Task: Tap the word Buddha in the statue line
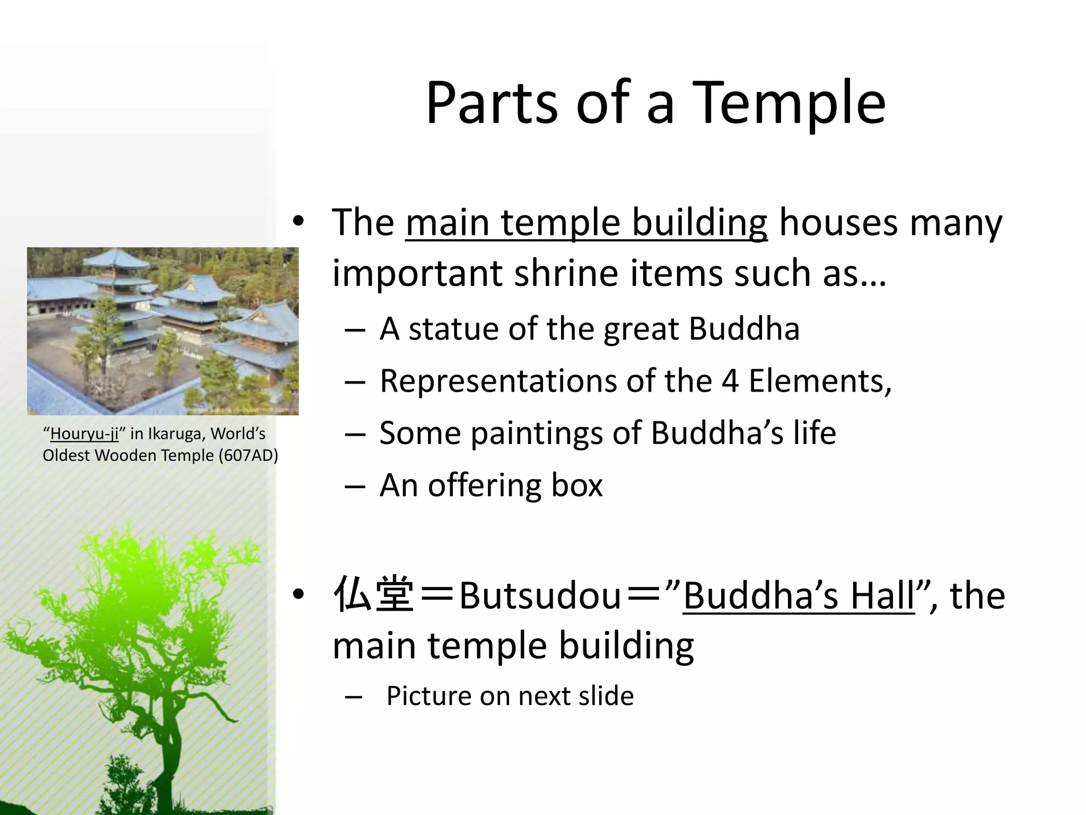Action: tap(744, 328)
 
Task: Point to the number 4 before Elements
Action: tap(730, 380)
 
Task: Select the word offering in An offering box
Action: tap(484, 484)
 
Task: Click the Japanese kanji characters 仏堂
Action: tap(374, 595)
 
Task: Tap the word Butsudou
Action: tap(539, 595)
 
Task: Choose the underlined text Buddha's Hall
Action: tap(798, 595)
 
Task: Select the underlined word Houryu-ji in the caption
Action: tap(84, 434)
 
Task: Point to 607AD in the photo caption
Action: tap(248, 455)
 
